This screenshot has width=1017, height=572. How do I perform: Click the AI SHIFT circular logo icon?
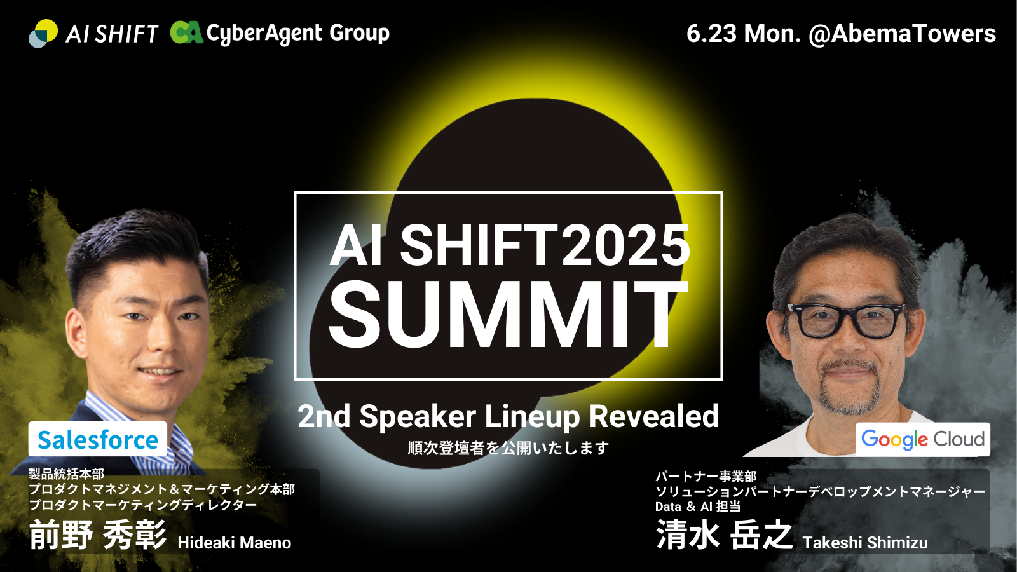[x=44, y=33]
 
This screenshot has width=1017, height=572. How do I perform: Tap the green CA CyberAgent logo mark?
[x=187, y=32]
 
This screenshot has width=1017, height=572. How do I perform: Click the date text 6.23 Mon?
[x=744, y=34]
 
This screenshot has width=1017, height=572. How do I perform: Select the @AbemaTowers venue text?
[x=902, y=34]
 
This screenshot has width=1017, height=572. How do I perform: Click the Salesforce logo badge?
[x=98, y=439]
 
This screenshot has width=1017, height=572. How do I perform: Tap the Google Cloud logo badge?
[x=922, y=439]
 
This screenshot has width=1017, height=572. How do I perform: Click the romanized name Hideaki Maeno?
[x=235, y=543]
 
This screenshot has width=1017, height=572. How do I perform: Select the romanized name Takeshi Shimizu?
[x=865, y=543]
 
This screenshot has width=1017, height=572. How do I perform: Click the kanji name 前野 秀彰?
[x=98, y=535]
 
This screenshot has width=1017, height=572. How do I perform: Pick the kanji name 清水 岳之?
[x=725, y=535]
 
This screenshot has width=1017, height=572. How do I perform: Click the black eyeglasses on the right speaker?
[x=847, y=320]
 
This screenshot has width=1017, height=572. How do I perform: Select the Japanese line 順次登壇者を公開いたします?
[x=508, y=448]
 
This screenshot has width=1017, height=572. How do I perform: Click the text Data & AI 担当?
[x=698, y=506]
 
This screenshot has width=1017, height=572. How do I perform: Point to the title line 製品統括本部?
[x=66, y=474]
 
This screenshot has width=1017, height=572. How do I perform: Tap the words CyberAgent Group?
[x=298, y=33]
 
